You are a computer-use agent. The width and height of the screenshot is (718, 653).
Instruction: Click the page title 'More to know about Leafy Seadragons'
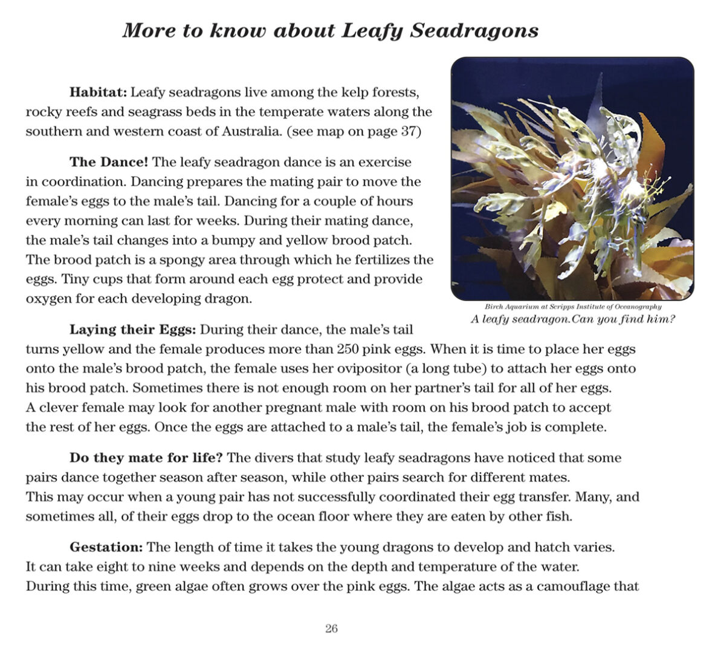(330, 30)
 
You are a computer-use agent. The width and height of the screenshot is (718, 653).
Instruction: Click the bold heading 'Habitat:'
(98, 93)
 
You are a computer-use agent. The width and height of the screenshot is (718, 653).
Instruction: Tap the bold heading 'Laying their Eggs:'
(133, 330)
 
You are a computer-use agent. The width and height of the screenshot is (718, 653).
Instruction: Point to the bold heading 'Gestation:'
(106, 547)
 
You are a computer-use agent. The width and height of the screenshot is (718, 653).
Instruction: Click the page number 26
(331, 628)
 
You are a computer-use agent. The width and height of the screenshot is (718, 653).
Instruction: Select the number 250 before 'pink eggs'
(349, 349)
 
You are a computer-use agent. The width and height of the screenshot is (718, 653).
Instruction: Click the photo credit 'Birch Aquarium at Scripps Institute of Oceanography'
(573, 307)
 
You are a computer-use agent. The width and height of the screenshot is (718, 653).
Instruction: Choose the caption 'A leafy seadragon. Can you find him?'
(572, 319)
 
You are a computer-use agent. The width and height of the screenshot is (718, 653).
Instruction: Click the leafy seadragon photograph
(572, 178)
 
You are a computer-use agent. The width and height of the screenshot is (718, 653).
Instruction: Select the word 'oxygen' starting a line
(46, 299)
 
